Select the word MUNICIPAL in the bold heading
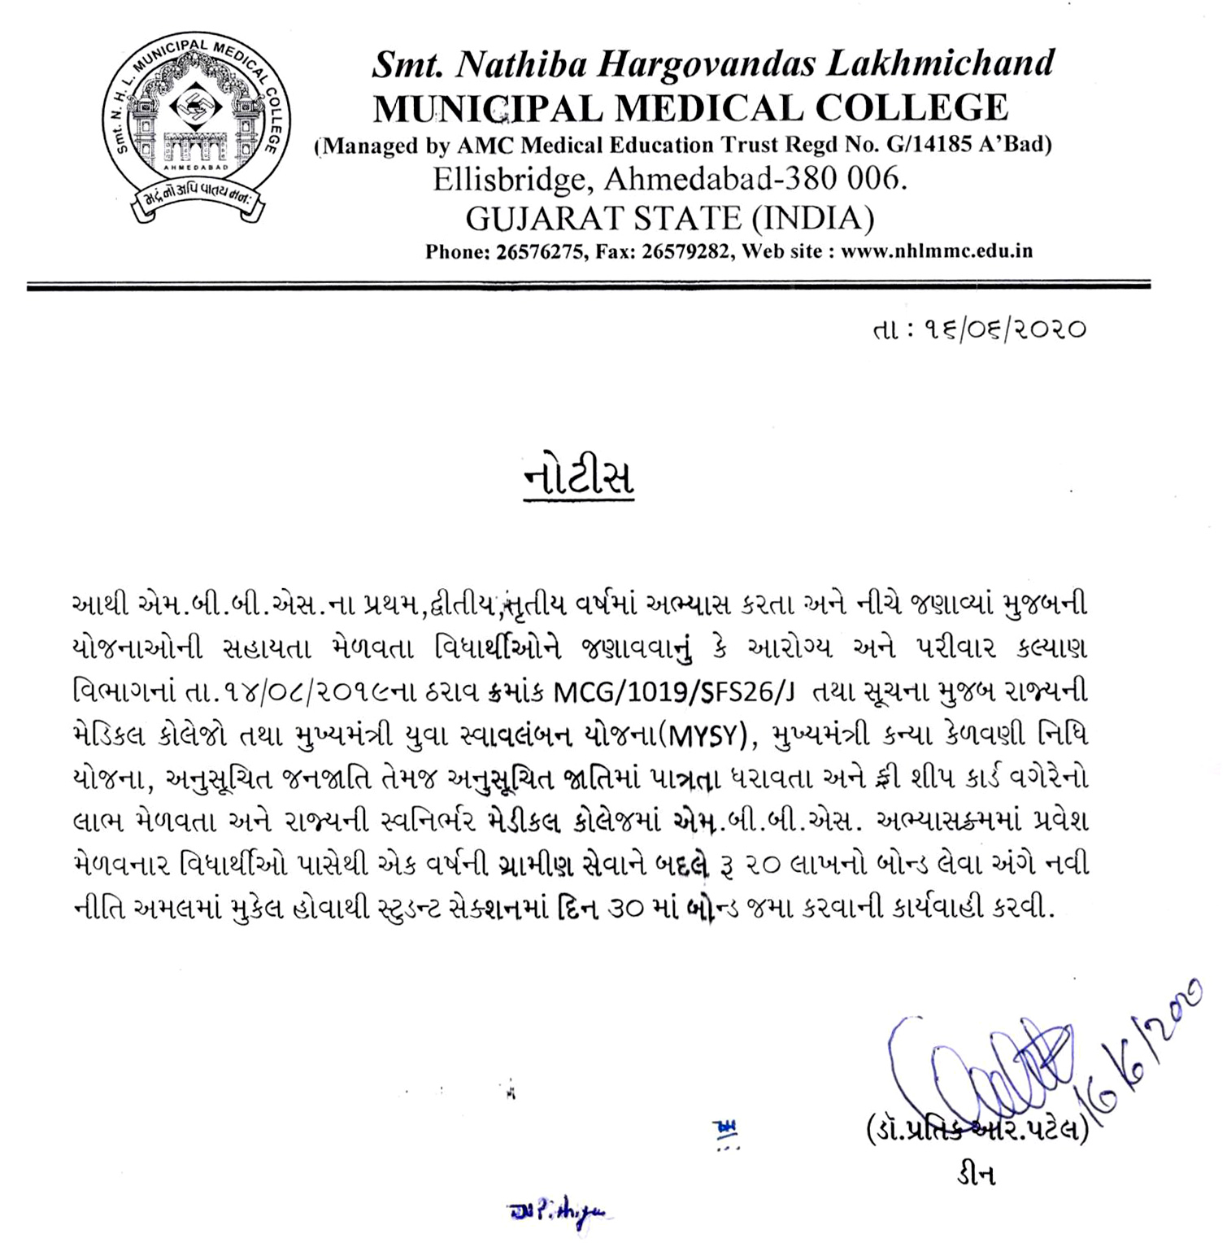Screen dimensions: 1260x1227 [x=486, y=108]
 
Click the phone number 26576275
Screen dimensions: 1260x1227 [x=539, y=251]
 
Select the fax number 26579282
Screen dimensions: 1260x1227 [x=685, y=251]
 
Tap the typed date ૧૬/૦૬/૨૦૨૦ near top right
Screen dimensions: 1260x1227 [x=1003, y=329]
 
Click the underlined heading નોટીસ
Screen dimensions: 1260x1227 [x=578, y=478]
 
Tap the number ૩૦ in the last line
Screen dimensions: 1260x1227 [x=627, y=908]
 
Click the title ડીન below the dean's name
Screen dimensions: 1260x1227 [x=976, y=1175]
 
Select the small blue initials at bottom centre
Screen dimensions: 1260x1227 [x=560, y=1212]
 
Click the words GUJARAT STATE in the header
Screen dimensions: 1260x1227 [x=603, y=218]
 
